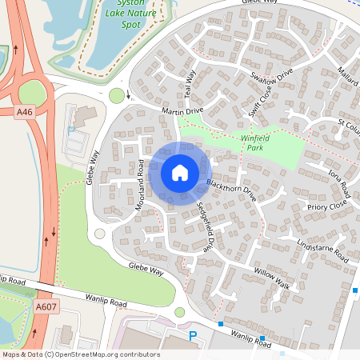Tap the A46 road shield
26,114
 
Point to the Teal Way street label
190,83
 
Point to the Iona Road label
338,185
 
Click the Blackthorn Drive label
230,192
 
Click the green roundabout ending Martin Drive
118,96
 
